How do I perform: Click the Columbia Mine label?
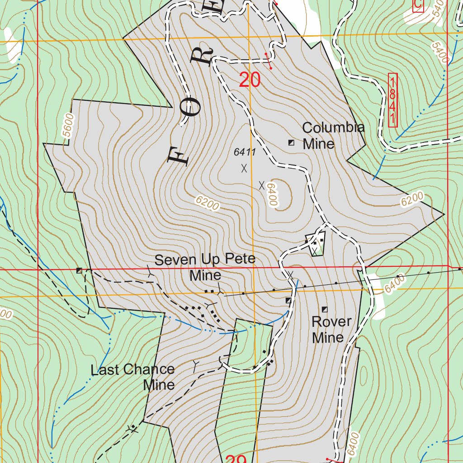(333, 136)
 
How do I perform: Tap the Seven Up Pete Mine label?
(205, 267)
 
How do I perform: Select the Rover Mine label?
(331, 329)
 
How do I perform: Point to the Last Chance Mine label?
(133, 377)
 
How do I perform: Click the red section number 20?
(250, 80)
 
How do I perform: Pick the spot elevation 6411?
(245, 152)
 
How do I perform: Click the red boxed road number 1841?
(392, 100)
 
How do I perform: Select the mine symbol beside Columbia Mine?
(292, 143)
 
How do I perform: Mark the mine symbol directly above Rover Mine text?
(325, 309)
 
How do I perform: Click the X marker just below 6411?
(244, 168)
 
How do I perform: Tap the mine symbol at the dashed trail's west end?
(80, 270)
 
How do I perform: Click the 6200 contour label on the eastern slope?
(411, 199)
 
